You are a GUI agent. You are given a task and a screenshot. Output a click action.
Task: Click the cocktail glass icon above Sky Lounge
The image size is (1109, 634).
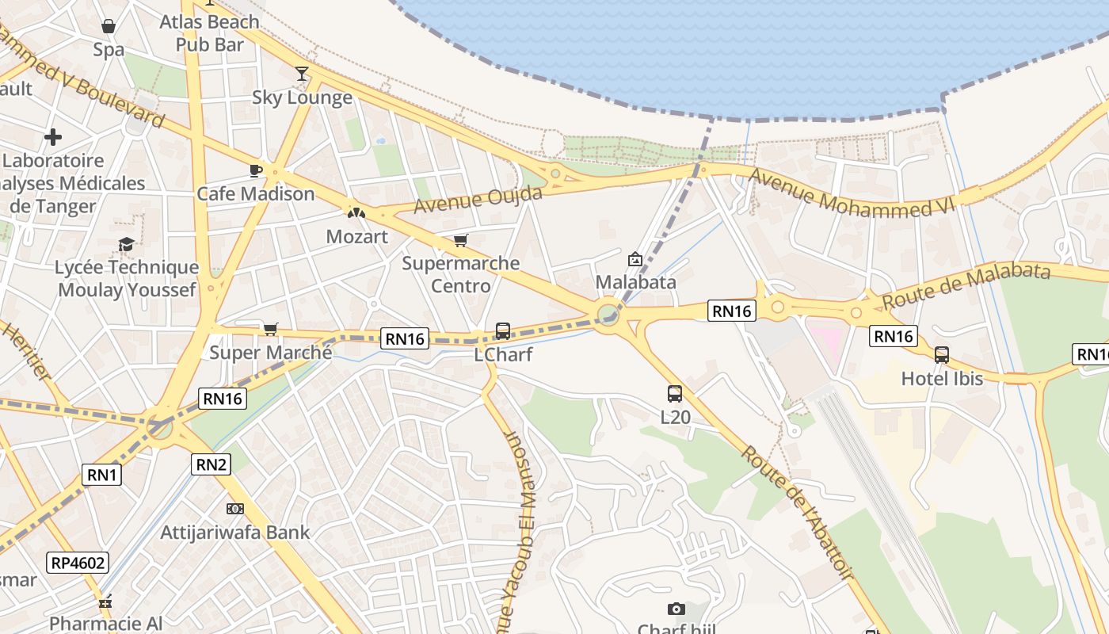click(302, 74)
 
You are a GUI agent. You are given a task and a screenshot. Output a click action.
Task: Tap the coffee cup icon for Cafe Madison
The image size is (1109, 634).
click(255, 170)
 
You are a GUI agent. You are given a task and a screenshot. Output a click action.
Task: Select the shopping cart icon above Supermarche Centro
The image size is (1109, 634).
click(460, 240)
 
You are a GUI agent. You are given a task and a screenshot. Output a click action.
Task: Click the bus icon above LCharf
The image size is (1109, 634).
click(502, 331)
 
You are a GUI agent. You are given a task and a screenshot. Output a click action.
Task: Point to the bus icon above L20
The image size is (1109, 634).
click(674, 393)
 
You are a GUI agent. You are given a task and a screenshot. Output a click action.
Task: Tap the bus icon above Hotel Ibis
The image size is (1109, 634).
click(941, 355)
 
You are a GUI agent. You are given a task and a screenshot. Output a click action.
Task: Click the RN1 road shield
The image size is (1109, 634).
click(102, 475)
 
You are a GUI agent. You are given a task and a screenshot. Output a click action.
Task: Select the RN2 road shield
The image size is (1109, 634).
click(212, 464)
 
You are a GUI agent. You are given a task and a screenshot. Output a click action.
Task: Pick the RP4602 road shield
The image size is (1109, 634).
click(77, 563)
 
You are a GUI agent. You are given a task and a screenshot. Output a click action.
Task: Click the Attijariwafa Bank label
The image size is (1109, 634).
click(235, 532)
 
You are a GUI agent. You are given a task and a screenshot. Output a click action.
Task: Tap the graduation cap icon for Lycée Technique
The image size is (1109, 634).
click(126, 244)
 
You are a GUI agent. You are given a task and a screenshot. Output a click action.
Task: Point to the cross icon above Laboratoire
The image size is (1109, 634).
click(53, 137)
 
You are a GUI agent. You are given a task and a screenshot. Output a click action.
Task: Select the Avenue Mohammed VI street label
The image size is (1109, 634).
click(852, 194)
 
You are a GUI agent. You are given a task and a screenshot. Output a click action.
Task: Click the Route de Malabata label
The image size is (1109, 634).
click(966, 286)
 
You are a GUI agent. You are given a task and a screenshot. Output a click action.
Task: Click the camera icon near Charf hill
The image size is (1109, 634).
click(676, 609)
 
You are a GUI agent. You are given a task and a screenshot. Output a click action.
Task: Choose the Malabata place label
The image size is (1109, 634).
click(635, 282)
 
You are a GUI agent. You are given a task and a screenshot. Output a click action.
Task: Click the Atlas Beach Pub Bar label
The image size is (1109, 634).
click(210, 33)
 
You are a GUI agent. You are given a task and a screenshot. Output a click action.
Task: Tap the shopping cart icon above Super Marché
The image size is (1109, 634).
click(270, 329)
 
